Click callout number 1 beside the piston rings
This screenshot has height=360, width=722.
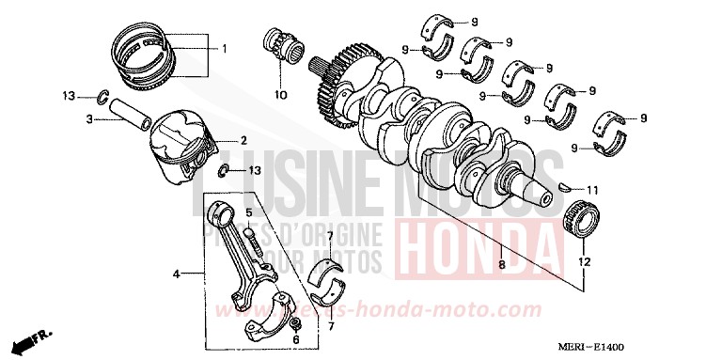(x=223, y=48)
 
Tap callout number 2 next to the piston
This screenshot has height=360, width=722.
(x=243, y=140)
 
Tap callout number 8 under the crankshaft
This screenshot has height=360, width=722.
(x=501, y=265)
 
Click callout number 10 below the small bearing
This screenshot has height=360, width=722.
(x=279, y=95)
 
